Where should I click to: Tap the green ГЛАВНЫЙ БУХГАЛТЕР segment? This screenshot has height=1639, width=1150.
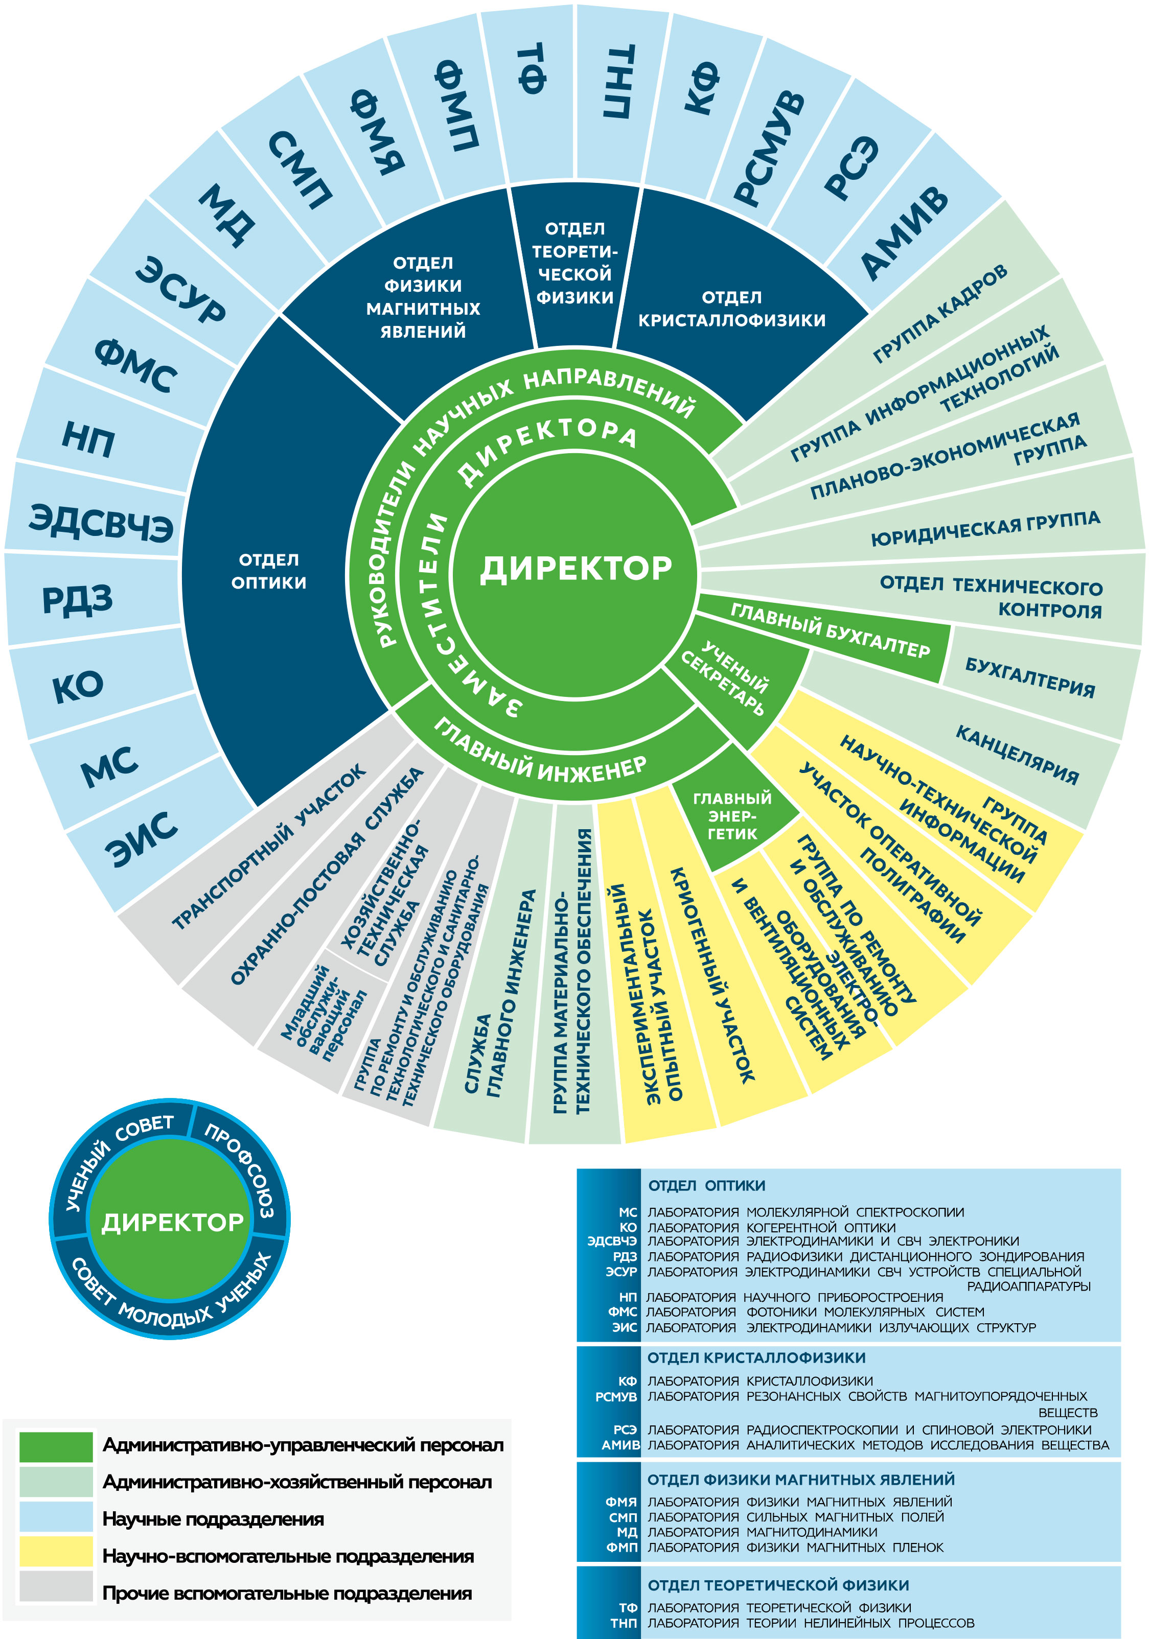pyautogui.click(x=829, y=629)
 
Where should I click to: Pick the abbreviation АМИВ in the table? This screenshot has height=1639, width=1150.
pyautogui.click(x=620, y=1444)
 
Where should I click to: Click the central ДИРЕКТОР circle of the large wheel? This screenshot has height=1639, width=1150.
pyautogui.click(x=576, y=568)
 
